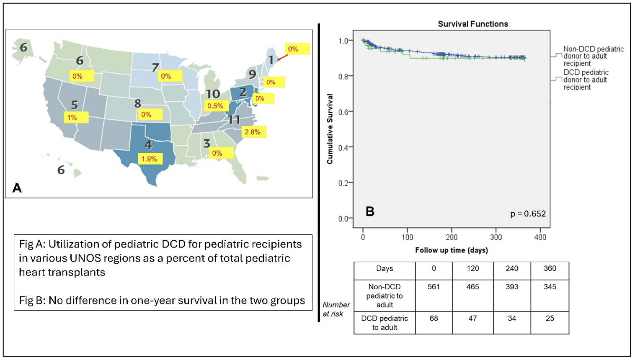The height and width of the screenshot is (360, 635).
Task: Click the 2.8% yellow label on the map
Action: (x=253, y=132)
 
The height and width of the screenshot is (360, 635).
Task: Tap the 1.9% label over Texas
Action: (x=150, y=159)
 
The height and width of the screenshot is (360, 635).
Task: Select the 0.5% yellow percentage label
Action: (x=215, y=106)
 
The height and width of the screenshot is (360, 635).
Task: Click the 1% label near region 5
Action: (x=73, y=118)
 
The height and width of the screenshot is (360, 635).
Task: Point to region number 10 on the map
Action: (x=213, y=94)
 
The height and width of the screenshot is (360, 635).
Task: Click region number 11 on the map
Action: (x=234, y=120)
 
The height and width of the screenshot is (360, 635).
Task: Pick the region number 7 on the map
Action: (x=155, y=67)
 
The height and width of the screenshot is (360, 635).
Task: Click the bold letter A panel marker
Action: (x=17, y=188)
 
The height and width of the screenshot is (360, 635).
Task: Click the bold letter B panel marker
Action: (x=370, y=211)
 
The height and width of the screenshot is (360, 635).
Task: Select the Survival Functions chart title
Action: (x=473, y=24)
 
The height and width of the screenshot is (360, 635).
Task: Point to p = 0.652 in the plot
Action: (x=528, y=214)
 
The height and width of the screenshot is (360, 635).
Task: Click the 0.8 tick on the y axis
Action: (x=343, y=76)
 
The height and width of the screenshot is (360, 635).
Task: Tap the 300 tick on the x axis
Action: (x=496, y=237)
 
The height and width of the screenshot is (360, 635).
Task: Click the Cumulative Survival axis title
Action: (x=330, y=129)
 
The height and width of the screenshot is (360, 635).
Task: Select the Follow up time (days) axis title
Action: (x=452, y=250)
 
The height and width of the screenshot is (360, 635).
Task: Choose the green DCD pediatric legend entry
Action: (x=586, y=80)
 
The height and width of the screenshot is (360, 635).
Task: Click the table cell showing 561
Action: (x=434, y=287)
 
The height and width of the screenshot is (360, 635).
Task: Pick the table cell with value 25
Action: (x=550, y=319)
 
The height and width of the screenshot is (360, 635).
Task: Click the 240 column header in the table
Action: (x=512, y=268)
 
